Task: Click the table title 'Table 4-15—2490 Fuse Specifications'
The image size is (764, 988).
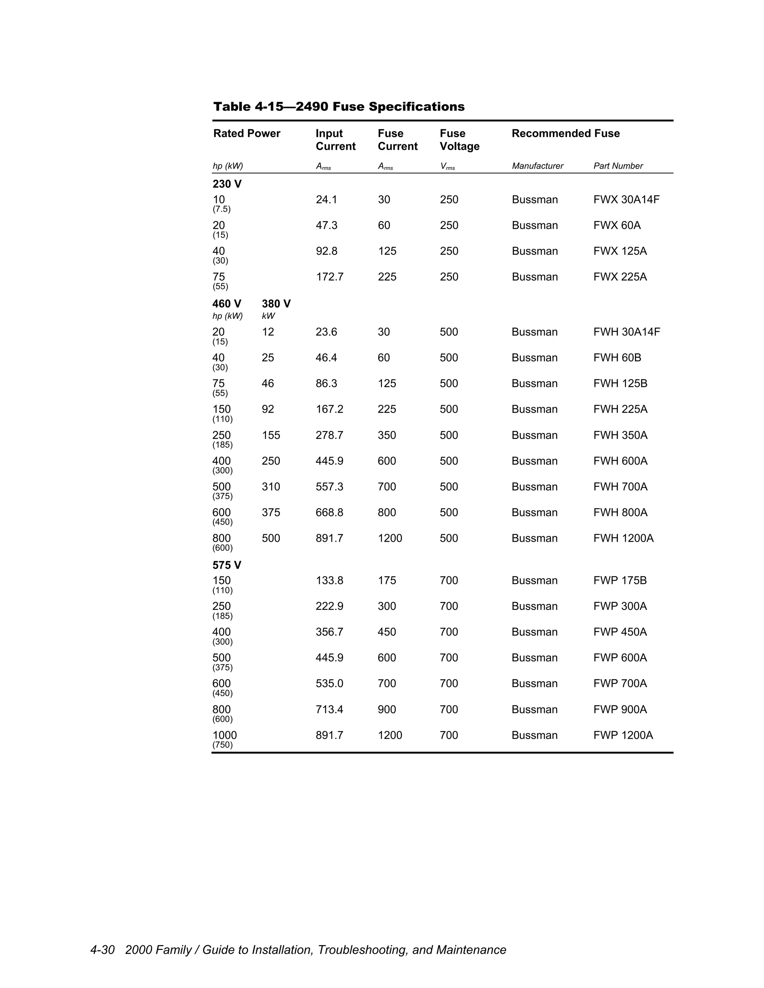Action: point(339,107)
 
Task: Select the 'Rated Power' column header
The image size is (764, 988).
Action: point(247,133)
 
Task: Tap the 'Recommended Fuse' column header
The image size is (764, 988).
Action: point(565,133)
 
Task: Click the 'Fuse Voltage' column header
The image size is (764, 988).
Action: point(459,140)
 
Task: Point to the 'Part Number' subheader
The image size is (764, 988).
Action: point(618,166)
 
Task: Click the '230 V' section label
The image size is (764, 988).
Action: point(227,184)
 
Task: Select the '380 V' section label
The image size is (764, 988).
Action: point(276,303)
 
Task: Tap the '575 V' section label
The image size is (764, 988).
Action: point(227,565)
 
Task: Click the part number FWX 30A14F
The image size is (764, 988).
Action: point(626,199)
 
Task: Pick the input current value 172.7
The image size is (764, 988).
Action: point(329,277)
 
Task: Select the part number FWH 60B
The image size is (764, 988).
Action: point(617,358)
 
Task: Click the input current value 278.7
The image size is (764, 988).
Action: point(329,435)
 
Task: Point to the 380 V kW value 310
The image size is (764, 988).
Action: point(271,487)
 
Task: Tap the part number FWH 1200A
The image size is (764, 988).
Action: point(623,538)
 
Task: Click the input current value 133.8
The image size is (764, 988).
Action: point(329,580)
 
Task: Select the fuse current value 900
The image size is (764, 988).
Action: point(386,709)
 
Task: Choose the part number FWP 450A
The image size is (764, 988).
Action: point(620,632)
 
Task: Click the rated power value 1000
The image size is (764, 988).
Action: point(225,735)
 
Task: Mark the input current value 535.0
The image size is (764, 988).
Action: point(329,683)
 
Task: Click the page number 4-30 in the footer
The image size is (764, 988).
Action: point(102,950)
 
